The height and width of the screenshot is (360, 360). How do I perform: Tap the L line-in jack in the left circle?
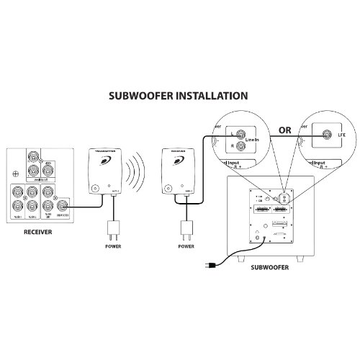pos(240,135)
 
